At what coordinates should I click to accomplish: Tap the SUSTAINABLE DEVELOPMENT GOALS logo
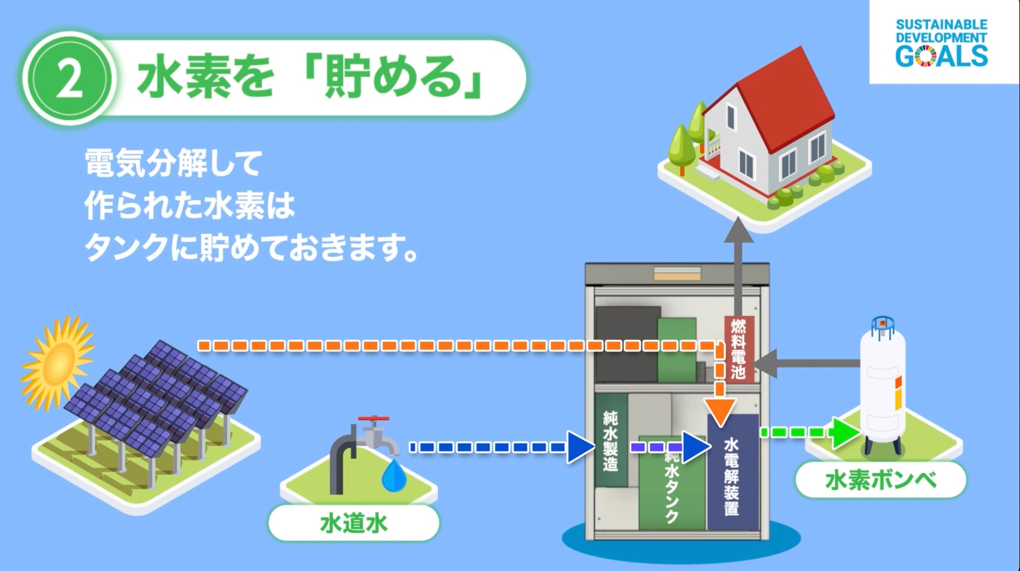941,42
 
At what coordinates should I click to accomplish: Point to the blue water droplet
391,476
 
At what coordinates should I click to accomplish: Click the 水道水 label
354,523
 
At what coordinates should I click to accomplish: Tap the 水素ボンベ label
880,480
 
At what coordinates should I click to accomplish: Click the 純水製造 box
610,440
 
